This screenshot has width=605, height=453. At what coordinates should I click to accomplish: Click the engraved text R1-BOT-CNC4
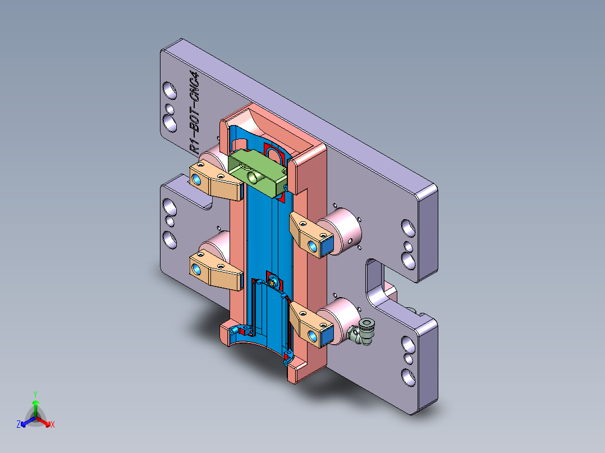(194, 113)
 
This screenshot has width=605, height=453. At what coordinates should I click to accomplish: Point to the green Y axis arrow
(35, 403)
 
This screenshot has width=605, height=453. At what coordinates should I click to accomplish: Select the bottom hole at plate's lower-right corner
(407, 376)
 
